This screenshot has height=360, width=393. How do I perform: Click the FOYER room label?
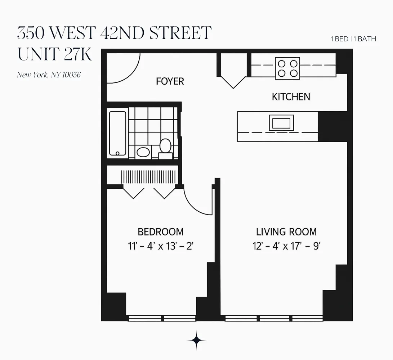click(x=170, y=81)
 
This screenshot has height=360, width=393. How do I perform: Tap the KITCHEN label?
click(x=291, y=97)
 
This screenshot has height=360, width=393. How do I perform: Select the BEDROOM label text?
click(x=161, y=232)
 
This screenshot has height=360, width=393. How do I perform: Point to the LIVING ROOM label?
click(x=286, y=232)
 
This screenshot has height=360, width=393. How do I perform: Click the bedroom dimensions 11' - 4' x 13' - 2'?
click(x=161, y=247)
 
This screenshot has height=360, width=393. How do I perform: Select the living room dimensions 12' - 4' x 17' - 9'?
click(x=286, y=247)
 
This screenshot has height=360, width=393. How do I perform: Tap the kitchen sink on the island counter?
click(x=281, y=123)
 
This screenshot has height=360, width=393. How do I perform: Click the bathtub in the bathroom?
click(x=117, y=133)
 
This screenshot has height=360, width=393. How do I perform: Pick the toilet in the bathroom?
click(x=165, y=149)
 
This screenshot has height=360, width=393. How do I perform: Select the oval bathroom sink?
click(x=143, y=152)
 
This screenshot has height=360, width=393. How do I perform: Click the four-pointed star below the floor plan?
click(x=197, y=340)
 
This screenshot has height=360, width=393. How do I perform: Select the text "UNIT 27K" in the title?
click(x=54, y=55)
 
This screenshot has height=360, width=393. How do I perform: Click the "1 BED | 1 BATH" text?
click(x=353, y=39)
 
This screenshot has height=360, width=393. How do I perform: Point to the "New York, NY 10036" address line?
click(x=49, y=75)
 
